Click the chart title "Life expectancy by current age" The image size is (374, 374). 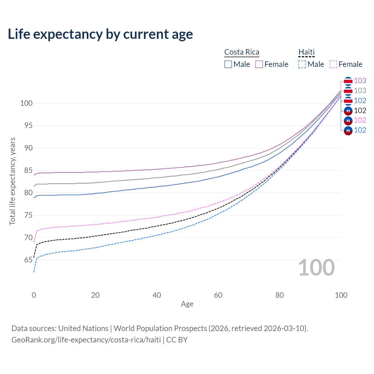100,34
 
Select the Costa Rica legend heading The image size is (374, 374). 242,52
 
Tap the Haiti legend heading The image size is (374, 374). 306,52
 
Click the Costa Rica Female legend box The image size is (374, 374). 259,64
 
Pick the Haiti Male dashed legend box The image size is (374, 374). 302,64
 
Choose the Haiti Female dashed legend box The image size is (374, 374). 333,64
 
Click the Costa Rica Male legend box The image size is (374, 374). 228,64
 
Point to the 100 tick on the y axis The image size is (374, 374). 26,103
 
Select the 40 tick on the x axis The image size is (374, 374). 157,295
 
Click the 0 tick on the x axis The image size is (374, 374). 34,295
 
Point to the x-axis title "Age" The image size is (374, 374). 187,304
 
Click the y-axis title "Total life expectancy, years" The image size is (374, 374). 12,181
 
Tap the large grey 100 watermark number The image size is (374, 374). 316,268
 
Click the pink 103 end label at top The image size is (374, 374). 360,81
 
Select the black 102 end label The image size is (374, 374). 360,110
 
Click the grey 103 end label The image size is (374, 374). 360,91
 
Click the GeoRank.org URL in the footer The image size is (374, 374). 86,340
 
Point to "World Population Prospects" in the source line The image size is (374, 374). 160,328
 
